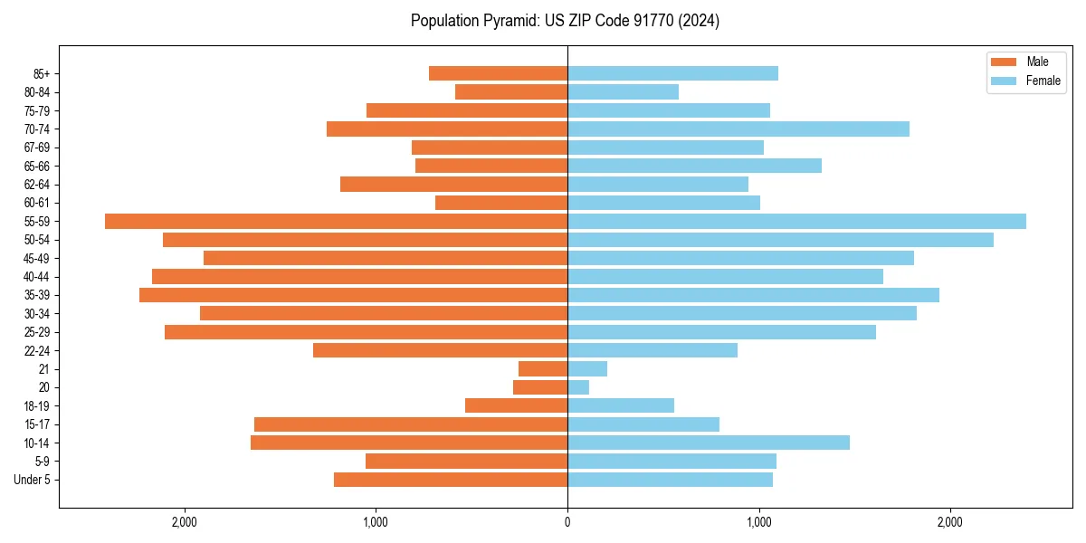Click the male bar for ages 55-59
click(336, 221)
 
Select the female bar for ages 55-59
click(796, 221)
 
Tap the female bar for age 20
click(578, 387)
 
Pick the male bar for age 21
click(543, 368)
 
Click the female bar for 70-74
click(738, 129)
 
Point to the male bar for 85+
click(498, 73)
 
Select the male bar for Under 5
click(451, 480)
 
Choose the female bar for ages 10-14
click(709, 443)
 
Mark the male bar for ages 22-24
click(440, 350)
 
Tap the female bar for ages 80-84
click(623, 91)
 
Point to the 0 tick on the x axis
click(567, 522)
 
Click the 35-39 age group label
click(35, 295)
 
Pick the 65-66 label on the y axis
click(35, 166)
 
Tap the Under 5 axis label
click(32, 480)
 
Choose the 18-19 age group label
click(35, 405)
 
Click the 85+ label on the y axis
click(41, 73)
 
